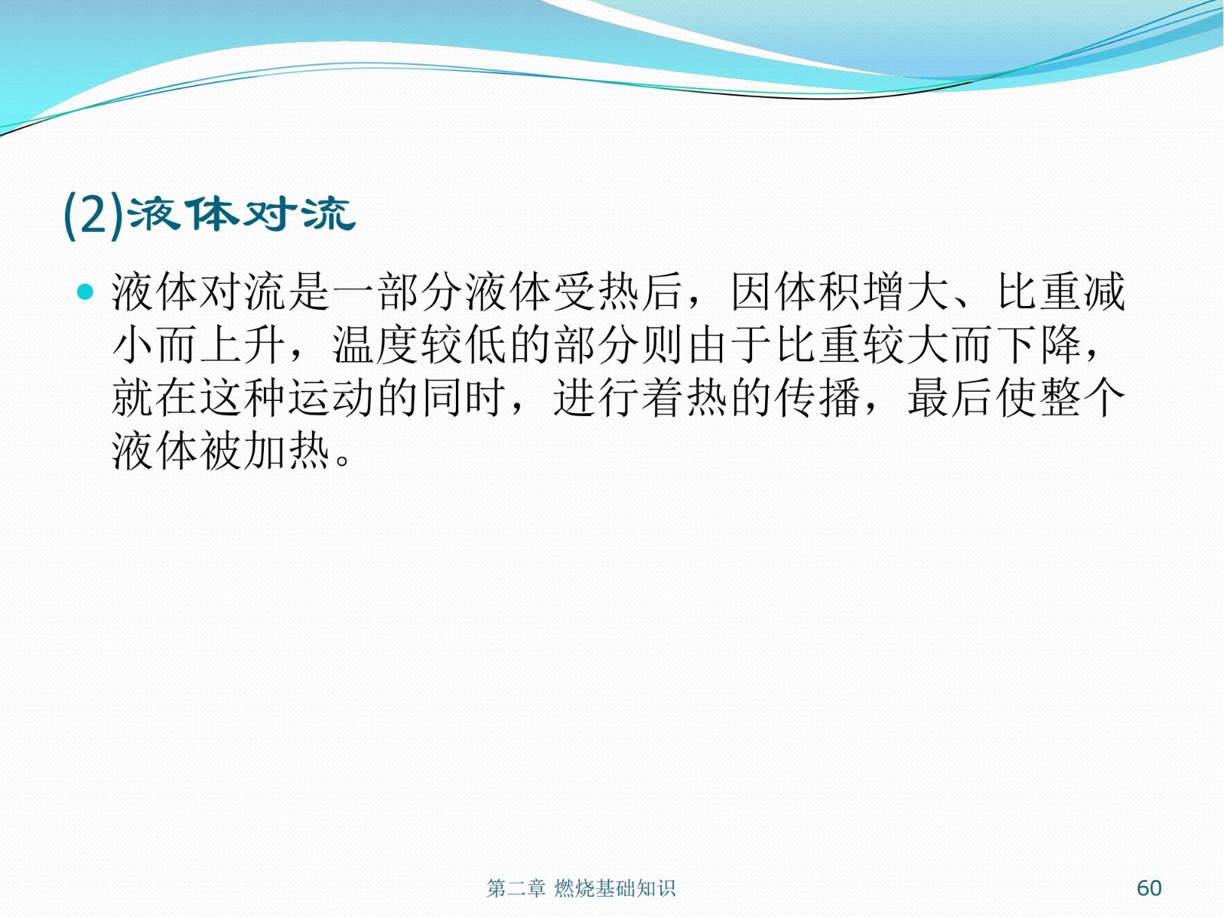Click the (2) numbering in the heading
click(93, 215)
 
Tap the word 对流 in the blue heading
click(298, 214)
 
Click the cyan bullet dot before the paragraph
click(86, 291)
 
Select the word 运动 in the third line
click(333, 398)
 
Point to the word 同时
click(464, 398)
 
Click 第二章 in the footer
click(516, 888)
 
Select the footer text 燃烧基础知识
click(614, 888)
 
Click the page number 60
click(1149, 888)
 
